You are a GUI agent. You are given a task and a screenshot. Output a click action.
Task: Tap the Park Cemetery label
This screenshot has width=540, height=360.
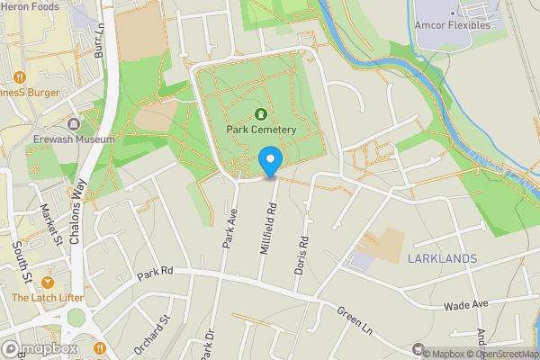[261, 130]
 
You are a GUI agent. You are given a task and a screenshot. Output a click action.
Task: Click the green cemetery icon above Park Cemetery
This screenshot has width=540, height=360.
[261, 113]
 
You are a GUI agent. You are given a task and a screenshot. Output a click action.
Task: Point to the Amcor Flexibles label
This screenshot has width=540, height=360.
[453, 25]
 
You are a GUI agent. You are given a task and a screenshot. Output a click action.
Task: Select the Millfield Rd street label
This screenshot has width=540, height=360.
[267, 228]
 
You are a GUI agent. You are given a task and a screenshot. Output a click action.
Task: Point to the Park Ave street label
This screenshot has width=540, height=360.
[229, 229]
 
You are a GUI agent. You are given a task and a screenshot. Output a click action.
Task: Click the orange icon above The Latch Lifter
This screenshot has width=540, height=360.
[47, 282]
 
